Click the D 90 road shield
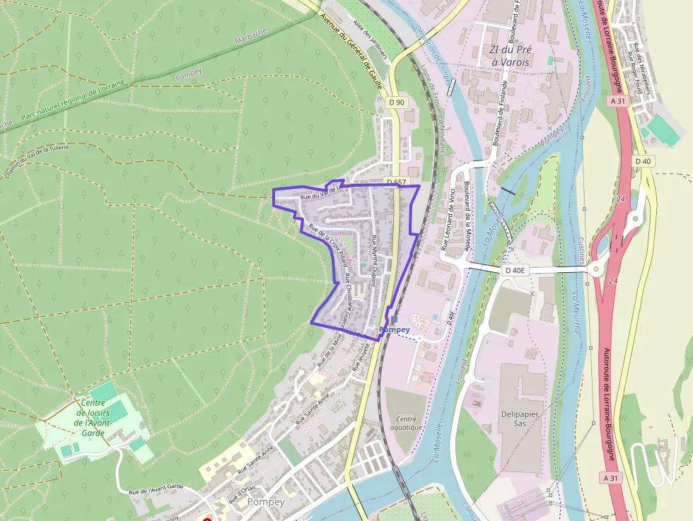coord(397,103)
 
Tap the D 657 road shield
coord(396,182)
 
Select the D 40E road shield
coord(516,270)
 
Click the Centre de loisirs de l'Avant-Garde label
coord(93,418)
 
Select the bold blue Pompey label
coord(395,329)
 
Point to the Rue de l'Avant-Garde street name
coord(156,489)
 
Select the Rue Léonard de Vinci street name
coord(448,221)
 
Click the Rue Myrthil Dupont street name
coord(375,260)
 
